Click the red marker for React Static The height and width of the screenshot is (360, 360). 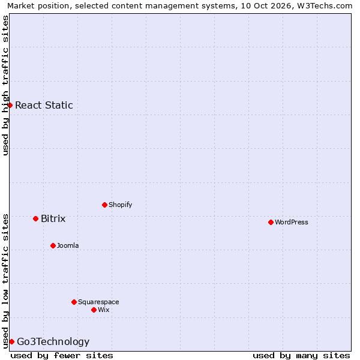[10, 106]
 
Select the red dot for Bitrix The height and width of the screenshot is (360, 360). [35, 218]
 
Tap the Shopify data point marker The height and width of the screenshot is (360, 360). [104, 205]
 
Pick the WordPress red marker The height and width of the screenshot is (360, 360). [271, 222]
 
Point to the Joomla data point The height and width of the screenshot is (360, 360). [53, 245]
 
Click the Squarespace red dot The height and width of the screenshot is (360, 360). [74, 302]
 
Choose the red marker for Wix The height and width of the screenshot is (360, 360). [94, 310]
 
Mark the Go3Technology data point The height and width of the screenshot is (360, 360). [12, 341]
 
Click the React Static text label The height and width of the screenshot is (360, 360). [44, 105]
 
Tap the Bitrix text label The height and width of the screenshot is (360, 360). [53, 218]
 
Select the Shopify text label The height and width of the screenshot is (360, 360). [121, 205]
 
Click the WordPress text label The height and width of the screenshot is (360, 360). [292, 222]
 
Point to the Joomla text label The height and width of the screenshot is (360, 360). [68, 245]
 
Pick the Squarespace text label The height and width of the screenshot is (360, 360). [98, 302]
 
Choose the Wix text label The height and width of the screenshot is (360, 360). [104, 310]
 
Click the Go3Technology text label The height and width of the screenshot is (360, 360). [53, 341]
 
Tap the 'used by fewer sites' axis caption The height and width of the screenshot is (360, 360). [62, 356]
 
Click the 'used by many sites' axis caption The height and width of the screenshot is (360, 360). [301, 356]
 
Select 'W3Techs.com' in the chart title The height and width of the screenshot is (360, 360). [325, 5]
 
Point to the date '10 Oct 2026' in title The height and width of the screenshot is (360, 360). [266, 5]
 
